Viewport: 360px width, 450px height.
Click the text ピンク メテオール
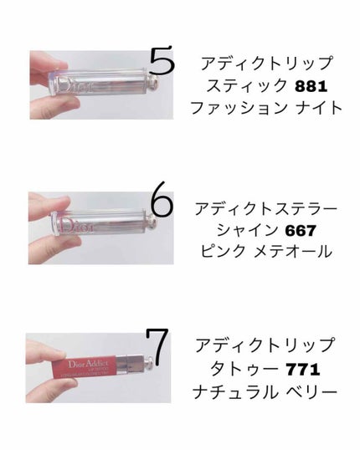coord(263,252)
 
